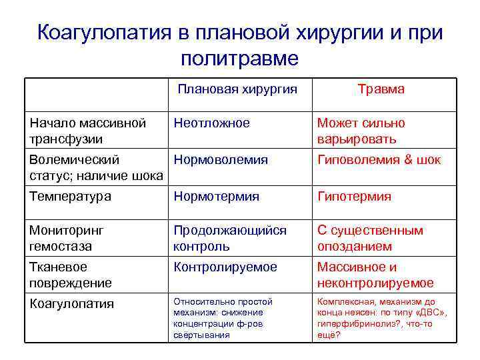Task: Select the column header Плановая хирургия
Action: click(237, 89)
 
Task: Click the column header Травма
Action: click(381, 89)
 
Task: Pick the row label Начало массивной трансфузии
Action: click(87, 131)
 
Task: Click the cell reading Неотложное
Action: click(211, 123)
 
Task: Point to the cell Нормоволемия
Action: click(221, 160)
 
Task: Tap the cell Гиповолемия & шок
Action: click(379, 160)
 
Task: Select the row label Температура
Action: click(70, 197)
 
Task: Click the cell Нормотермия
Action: click(216, 197)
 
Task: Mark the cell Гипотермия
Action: click(354, 197)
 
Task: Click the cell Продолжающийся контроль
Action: click(229, 238)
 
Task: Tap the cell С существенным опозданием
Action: click(370, 238)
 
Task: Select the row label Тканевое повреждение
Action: click(70, 275)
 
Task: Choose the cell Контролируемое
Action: click(225, 267)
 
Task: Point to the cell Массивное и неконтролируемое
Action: click(375, 275)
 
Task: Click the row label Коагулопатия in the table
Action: click(71, 304)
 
